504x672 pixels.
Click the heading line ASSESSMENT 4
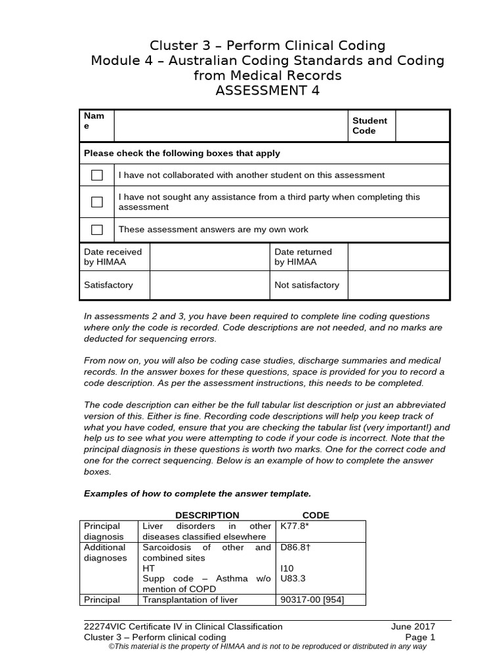pyautogui.click(x=267, y=91)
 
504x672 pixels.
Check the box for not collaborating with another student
pyautogui.click(x=97, y=175)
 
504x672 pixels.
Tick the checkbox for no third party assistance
pyautogui.click(x=97, y=202)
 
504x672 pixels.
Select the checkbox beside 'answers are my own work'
pyautogui.click(x=97, y=230)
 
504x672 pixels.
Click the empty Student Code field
pyautogui.click(x=422, y=125)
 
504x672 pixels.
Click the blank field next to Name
pyautogui.click(x=230, y=125)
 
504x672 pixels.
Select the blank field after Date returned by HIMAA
pyautogui.click(x=398, y=257)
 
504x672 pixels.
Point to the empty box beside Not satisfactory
pyautogui.click(x=398, y=285)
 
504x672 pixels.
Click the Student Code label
pyautogui.click(x=369, y=125)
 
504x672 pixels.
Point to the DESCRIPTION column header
pyautogui.click(x=207, y=515)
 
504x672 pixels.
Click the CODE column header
pyautogui.click(x=315, y=515)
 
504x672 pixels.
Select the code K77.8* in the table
pyautogui.click(x=294, y=526)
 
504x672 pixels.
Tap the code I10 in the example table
pyautogui.click(x=287, y=568)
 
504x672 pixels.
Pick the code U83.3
pyautogui.click(x=292, y=579)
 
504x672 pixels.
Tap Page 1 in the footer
pyautogui.click(x=420, y=637)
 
